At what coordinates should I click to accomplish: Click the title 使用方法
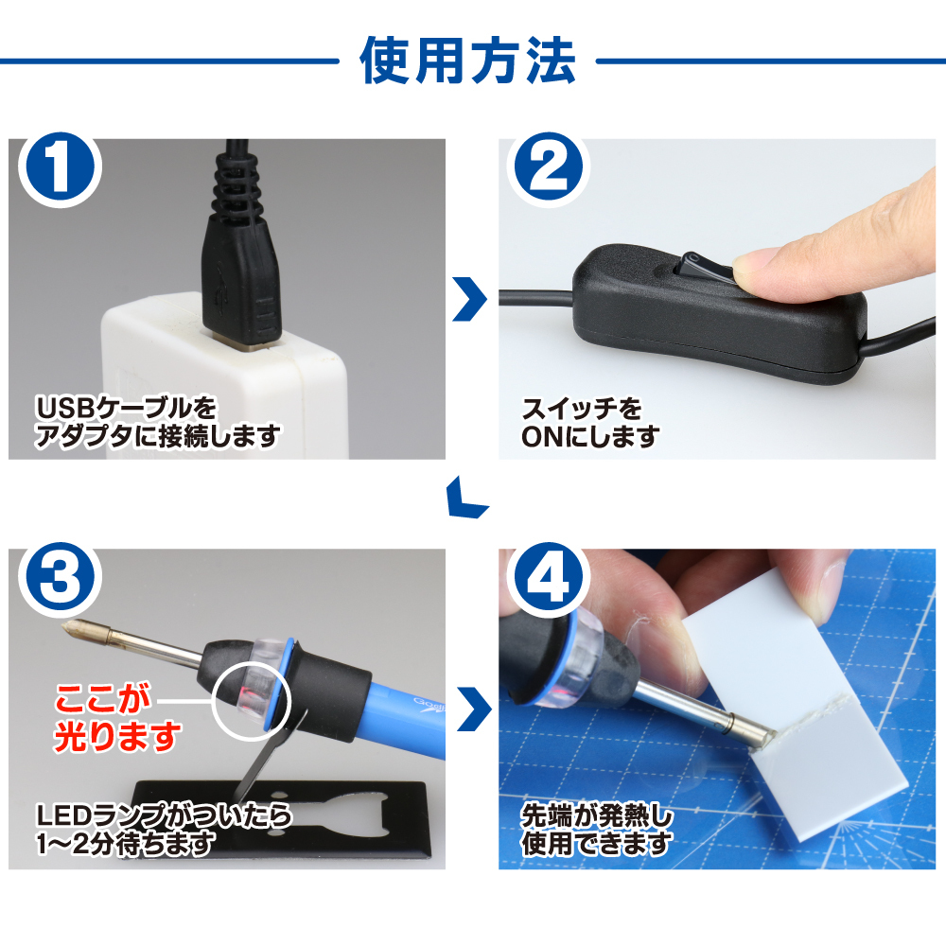tap(468, 61)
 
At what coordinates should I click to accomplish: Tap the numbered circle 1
tap(60, 168)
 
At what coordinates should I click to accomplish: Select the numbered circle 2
tap(549, 167)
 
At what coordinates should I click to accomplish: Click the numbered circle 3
tap(60, 577)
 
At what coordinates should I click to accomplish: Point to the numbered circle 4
tap(549, 577)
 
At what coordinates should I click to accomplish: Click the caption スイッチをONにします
tap(590, 423)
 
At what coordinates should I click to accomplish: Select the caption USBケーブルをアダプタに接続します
tap(157, 422)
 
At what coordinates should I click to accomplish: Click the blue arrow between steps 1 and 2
tap(471, 299)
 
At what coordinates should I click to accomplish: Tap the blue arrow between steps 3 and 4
tap(474, 709)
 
